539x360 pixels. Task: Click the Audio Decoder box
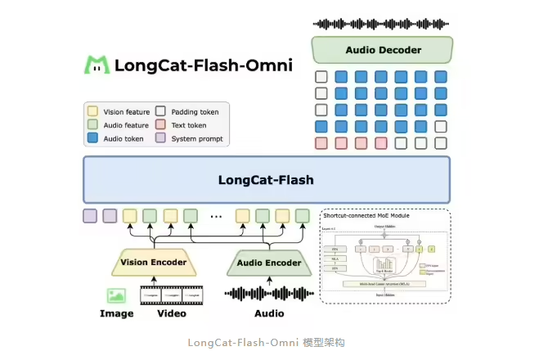[x=382, y=50]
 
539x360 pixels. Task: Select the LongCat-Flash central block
[x=266, y=179]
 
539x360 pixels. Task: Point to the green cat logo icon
[x=97, y=65]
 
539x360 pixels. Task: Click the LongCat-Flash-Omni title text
[x=204, y=65]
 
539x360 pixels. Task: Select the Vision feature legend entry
[x=119, y=110]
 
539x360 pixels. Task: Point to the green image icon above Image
[x=116, y=295]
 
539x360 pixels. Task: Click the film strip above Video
[x=171, y=295]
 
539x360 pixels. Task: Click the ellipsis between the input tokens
[x=216, y=217]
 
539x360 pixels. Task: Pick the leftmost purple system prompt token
[x=90, y=216]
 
